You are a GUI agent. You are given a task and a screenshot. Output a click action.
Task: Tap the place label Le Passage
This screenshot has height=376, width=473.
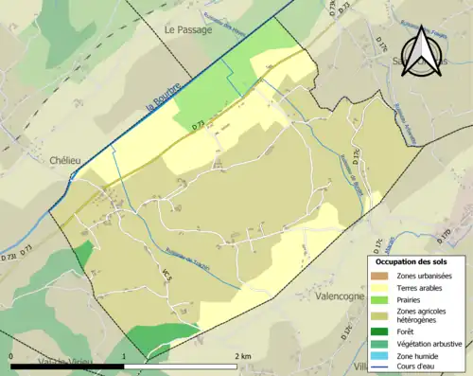click(x=189, y=29)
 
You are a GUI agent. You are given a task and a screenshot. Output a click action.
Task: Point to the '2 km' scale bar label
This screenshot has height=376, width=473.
click(x=244, y=356)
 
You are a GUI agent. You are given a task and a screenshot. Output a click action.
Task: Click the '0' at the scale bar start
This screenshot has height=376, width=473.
click(x=11, y=356)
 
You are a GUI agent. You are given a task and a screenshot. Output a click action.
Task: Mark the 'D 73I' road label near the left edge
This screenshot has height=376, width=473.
click(x=9, y=256)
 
